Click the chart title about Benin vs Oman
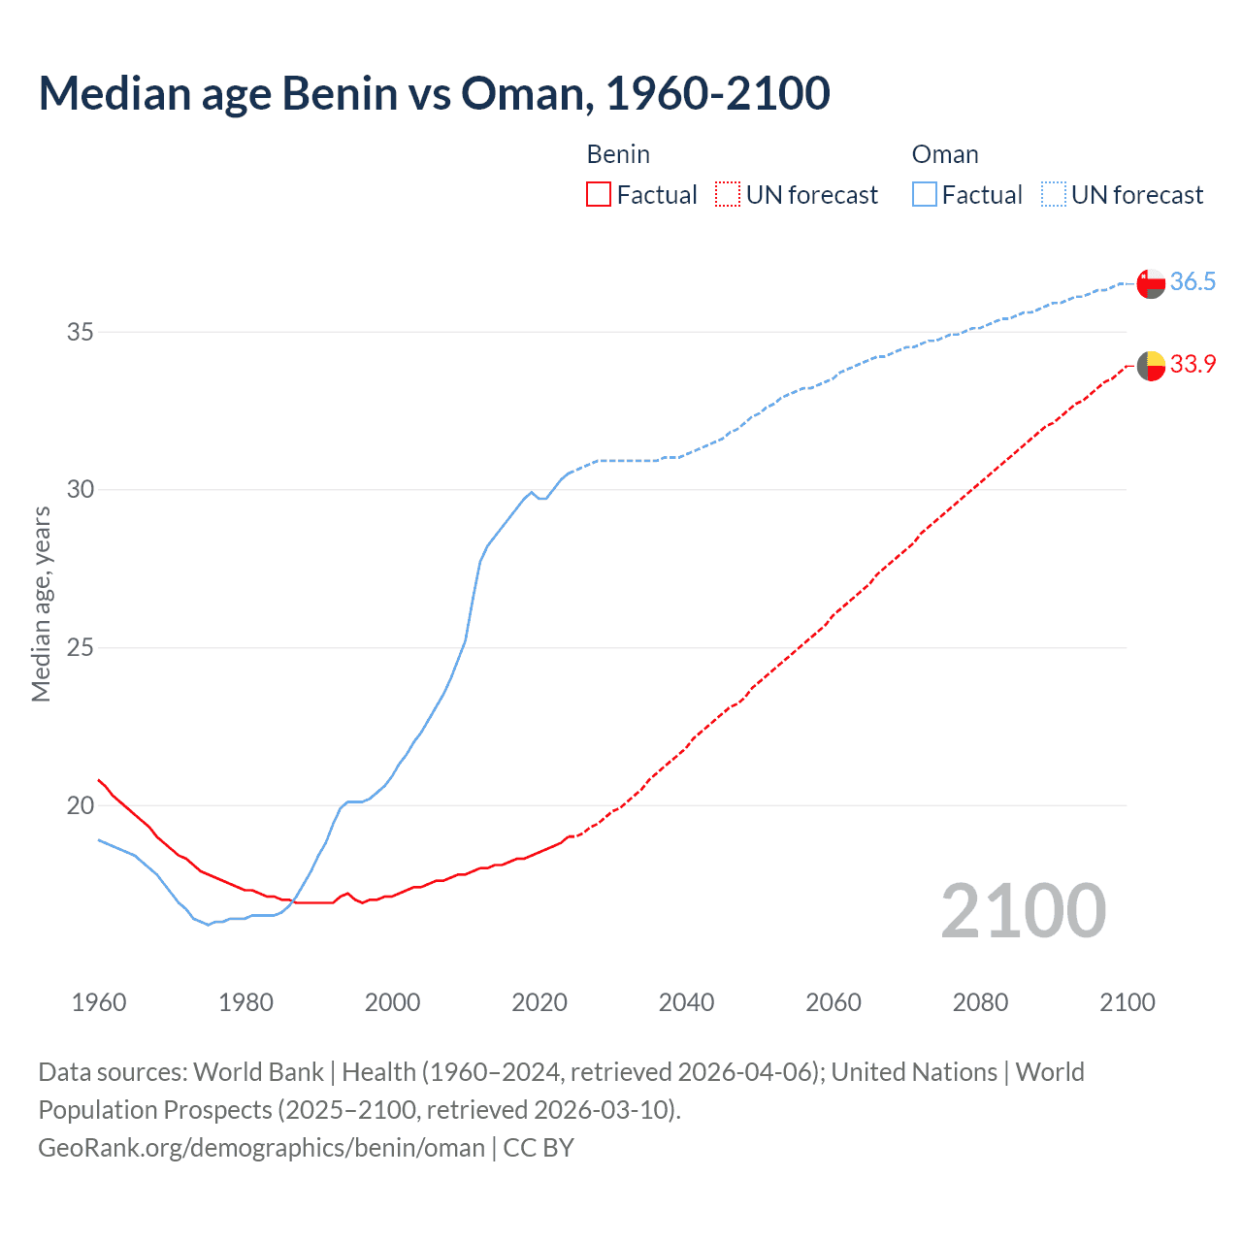click(434, 93)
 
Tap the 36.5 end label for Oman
click(1193, 282)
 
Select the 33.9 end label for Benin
click(1193, 365)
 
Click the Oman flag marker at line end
click(1151, 284)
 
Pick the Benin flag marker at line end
click(1151, 366)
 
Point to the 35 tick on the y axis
click(81, 332)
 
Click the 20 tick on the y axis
click(81, 805)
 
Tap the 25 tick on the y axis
click(81, 647)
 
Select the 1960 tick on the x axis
click(99, 1002)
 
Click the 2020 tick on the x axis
click(539, 1002)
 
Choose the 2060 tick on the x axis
click(833, 1002)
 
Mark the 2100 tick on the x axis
click(1128, 1002)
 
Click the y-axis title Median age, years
click(41, 604)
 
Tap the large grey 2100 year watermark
click(1023, 910)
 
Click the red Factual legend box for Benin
click(599, 195)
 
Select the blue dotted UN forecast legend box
click(1054, 195)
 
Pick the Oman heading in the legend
click(945, 154)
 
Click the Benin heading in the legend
click(618, 154)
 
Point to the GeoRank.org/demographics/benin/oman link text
click(261, 1148)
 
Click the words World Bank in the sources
click(258, 1072)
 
